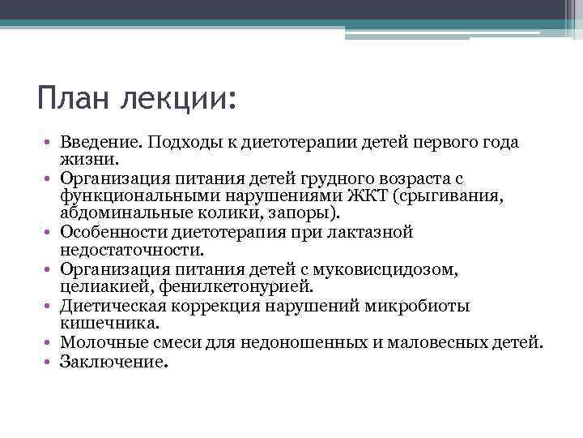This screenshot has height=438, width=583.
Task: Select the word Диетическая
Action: [109, 306]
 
